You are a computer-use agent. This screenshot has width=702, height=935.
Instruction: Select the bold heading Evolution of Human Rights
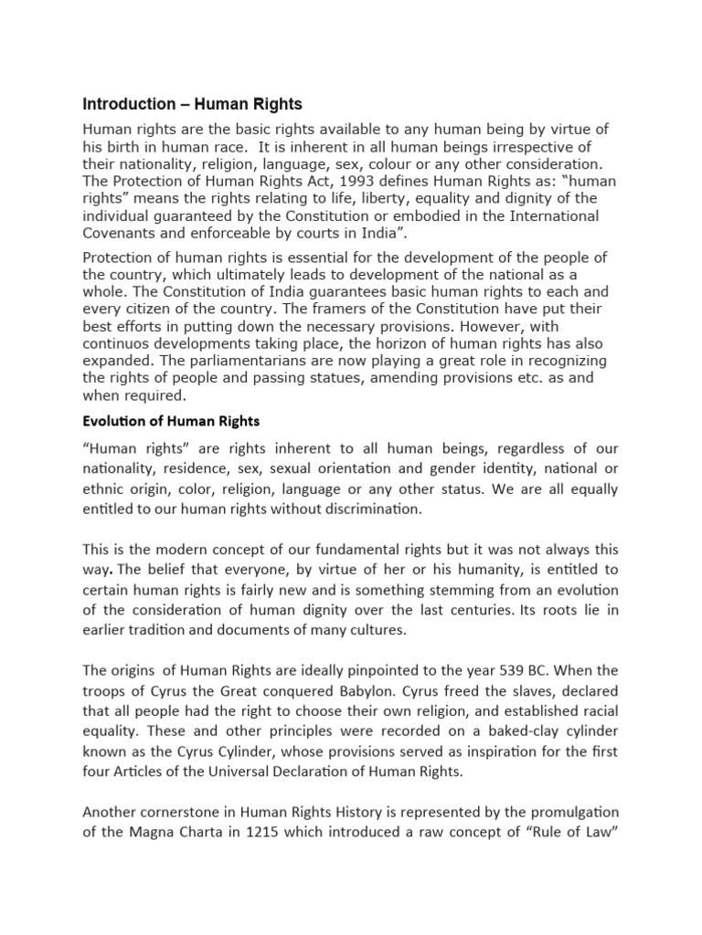(171, 421)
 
